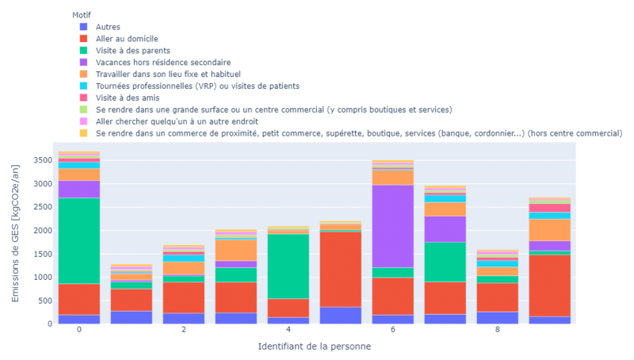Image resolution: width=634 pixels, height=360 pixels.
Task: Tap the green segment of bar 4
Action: pos(288,266)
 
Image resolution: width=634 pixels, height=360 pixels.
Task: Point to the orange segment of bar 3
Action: pos(236,250)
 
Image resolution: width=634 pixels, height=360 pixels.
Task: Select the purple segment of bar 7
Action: pos(445,229)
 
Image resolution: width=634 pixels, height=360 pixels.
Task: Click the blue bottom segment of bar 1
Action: pos(132,316)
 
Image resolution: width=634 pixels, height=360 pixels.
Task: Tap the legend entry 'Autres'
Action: pos(108,26)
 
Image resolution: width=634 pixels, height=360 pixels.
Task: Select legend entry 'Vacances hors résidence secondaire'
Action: pos(162,62)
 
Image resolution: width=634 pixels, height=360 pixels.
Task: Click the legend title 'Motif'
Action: pos(81,14)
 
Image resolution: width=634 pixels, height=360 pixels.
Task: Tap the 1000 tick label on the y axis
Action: pos(41,277)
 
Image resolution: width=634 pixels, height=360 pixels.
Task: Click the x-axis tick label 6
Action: pos(393,330)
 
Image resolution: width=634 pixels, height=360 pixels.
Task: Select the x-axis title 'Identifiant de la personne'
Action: pos(314,347)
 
